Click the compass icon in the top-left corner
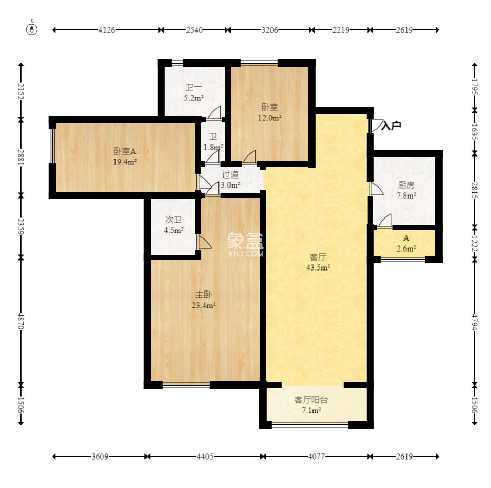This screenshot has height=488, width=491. (x=32, y=28)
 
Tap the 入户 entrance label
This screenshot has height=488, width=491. (x=391, y=126)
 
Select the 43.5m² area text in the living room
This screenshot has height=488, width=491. (x=318, y=267)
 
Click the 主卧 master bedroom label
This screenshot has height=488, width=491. (x=203, y=295)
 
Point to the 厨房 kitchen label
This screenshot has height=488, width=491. (x=406, y=185)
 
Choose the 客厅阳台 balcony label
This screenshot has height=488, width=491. (x=311, y=400)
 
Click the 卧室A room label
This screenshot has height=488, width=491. (x=124, y=152)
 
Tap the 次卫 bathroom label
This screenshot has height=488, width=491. (x=173, y=220)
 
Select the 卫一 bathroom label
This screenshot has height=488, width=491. (x=194, y=87)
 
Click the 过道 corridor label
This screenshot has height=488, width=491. (x=230, y=174)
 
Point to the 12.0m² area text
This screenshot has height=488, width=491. (x=269, y=118)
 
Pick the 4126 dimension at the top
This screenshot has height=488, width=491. (x=107, y=30)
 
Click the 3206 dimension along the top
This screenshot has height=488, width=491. (x=269, y=30)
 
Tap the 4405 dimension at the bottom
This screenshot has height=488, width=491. (x=205, y=456)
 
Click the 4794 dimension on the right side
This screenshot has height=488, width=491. (x=475, y=322)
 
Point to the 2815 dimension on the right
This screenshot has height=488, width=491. (x=475, y=190)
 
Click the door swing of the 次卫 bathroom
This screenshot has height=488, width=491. (x=204, y=243)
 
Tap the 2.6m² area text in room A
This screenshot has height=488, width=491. (x=406, y=248)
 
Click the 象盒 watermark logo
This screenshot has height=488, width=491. (x=245, y=241)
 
